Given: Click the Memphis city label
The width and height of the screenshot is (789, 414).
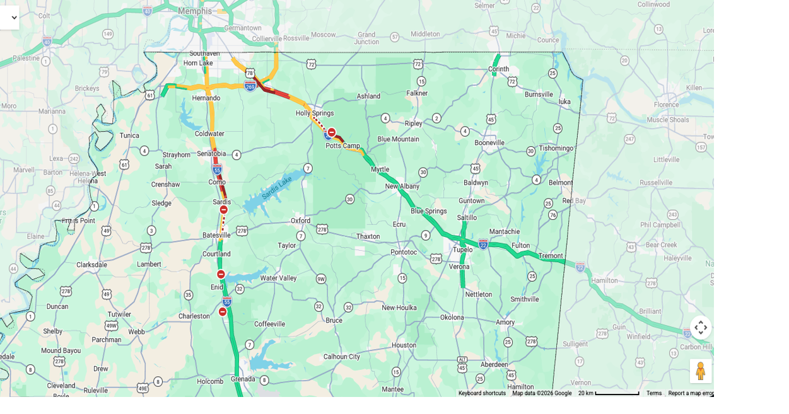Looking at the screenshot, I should [x=195, y=11].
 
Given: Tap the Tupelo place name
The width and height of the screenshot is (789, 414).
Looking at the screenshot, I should [x=462, y=250].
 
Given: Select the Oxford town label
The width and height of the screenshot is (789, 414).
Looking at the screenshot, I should [x=300, y=221].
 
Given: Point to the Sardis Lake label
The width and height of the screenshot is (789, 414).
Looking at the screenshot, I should [x=276, y=188].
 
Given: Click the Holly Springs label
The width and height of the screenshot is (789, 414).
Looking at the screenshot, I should [x=315, y=113].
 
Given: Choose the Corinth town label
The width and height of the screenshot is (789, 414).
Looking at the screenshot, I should [x=498, y=69].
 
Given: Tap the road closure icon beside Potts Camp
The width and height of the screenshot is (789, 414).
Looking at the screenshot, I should [x=332, y=132].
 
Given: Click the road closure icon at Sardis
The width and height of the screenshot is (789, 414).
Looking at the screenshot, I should [x=223, y=210].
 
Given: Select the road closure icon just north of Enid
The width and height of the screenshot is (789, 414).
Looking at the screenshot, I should [x=221, y=274].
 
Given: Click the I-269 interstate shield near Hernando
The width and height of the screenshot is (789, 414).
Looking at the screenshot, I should [x=250, y=86].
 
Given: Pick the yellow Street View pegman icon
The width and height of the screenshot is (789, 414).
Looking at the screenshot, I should [x=700, y=371].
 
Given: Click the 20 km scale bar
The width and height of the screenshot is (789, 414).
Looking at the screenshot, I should [x=609, y=393].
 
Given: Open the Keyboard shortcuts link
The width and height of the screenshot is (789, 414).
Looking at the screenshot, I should [x=482, y=393].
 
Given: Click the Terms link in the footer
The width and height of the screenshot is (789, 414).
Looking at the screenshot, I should [x=653, y=393].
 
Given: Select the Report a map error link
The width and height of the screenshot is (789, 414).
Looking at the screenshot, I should [x=691, y=393].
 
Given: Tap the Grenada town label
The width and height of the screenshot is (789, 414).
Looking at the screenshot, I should [x=243, y=379].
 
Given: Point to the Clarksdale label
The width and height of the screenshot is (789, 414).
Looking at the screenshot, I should [x=91, y=265].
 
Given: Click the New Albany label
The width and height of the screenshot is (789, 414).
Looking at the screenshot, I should [x=402, y=187].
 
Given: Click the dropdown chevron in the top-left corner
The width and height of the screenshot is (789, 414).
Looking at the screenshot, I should [x=15, y=18].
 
